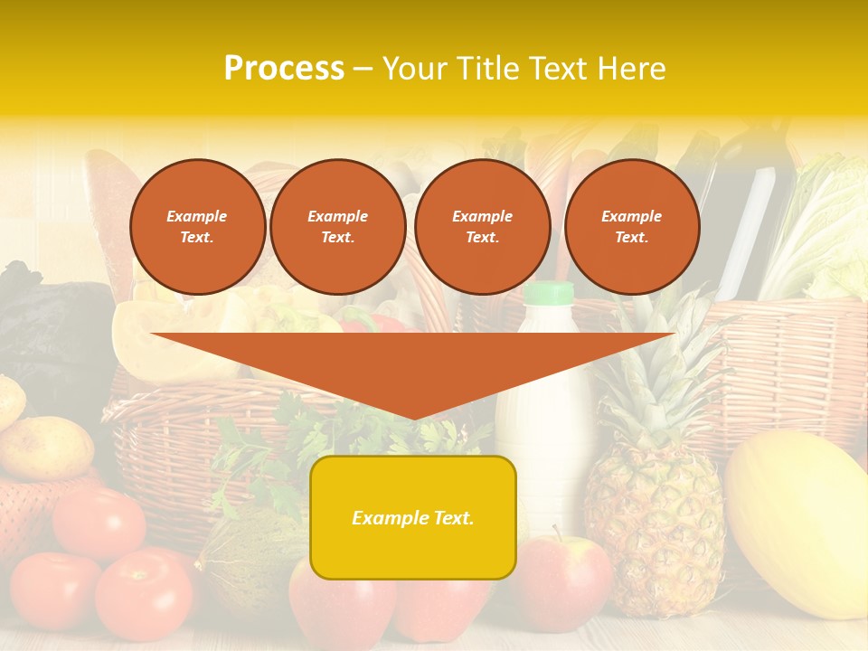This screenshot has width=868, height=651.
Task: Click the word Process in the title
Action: pos(284,69)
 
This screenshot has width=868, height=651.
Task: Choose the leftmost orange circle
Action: pos(198,227)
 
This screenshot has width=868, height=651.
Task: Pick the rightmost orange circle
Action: pos(632,227)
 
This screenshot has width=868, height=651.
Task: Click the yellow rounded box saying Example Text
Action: pos(413,517)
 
